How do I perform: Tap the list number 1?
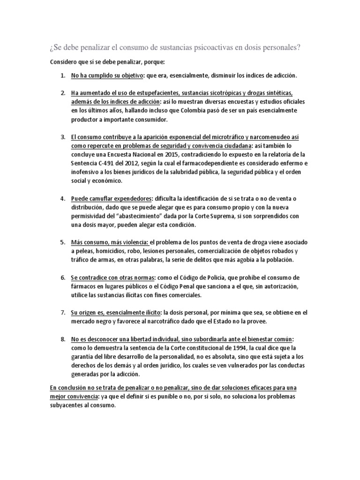62,75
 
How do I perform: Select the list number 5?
62,242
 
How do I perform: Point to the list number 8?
62,339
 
